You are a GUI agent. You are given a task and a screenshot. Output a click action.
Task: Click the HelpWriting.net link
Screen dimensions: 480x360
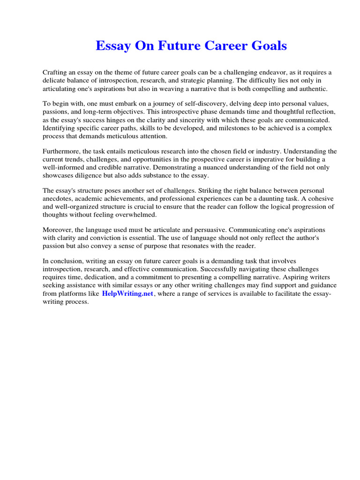point(127,293)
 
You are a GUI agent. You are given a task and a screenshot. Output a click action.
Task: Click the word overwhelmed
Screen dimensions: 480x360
point(134,215)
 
